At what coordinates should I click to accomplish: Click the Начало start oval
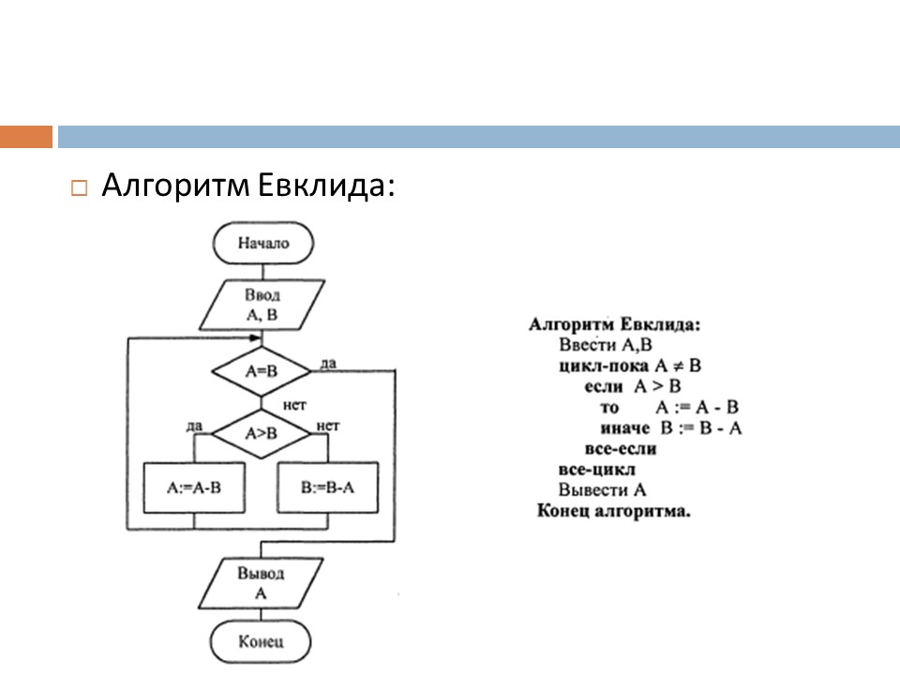tap(262, 244)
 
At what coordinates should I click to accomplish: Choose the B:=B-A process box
tap(329, 487)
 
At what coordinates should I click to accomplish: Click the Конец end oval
tap(261, 642)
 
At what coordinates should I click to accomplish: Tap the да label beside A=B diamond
tap(328, 363)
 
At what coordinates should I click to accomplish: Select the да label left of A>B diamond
tap(195, 427)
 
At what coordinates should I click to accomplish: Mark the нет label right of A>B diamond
tap(328, 427)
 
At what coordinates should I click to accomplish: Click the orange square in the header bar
tap(26, 137)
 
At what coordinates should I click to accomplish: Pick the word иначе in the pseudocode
tap(626, 428)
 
